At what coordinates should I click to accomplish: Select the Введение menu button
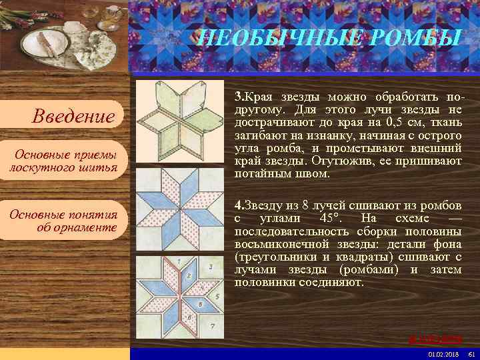click(74, 117)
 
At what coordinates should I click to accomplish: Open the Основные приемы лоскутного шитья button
click(64, 161)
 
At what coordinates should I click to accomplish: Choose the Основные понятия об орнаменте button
click(64, 221)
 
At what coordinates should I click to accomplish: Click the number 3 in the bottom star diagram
click(210, 267)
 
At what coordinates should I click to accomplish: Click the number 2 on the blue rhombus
click(189, 275)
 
